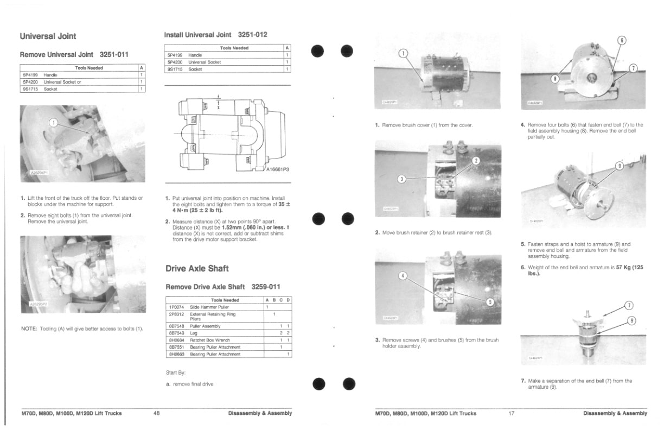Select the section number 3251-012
(252, 35)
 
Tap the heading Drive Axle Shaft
(197, 268)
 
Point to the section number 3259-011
(263, 287)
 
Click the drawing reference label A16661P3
(277, 169)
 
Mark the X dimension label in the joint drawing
(218, 107)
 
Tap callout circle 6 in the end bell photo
(622, 41)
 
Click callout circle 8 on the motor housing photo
(554, 79)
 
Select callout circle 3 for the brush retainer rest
(402, 179)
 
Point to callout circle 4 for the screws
(402, 275)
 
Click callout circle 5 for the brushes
(489, 302)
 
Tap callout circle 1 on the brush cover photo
(403, 53)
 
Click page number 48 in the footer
(156, 413)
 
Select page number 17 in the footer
(511, 413)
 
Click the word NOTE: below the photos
(29, 328)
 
